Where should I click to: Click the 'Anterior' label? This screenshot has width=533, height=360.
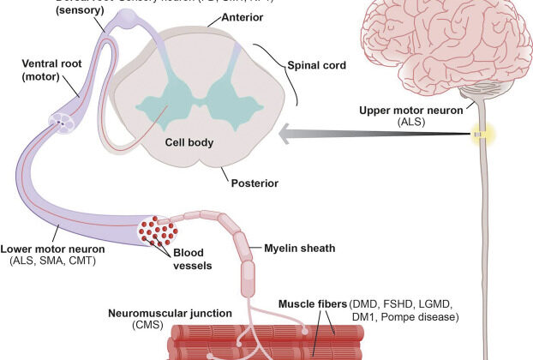(216, 17)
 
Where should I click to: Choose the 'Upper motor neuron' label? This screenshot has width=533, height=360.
(411, 109)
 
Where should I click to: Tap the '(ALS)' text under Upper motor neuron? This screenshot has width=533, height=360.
(411, 122)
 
